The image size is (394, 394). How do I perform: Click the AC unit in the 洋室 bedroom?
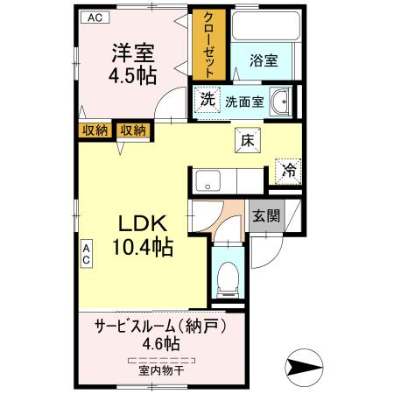click(x=95, y=18)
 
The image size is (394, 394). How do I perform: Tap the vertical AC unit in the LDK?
click(x=87, y=254)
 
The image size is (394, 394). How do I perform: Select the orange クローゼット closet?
click(x=208, y=45)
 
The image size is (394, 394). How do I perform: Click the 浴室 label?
click(x=264, y=60)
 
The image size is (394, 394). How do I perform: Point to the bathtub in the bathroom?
click(x=266, y=26)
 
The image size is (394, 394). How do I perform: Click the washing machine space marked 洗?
click(x=208, y=101)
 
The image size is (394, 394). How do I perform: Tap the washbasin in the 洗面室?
click(x=279, y=102)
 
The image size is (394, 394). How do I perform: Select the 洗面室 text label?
click(x=244, y=102)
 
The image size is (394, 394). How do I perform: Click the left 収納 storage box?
click(x=95, y=130)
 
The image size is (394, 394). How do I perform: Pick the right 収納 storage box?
click(x=133, y=130)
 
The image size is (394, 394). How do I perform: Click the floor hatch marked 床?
click(x=248, y=141)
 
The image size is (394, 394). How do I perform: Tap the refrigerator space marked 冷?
click(x=289, y=172)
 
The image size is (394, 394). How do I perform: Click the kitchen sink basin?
click(x=208, y=180)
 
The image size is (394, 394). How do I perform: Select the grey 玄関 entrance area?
click(x=267, y=215)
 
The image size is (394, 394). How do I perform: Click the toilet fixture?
click(x=229, y=279)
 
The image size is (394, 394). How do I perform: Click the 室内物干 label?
click(x=161, y=371)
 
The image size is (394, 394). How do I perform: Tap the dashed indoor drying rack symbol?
click(x=161, y=360)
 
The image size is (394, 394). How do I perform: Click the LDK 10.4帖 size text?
click(x=143, y=236)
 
